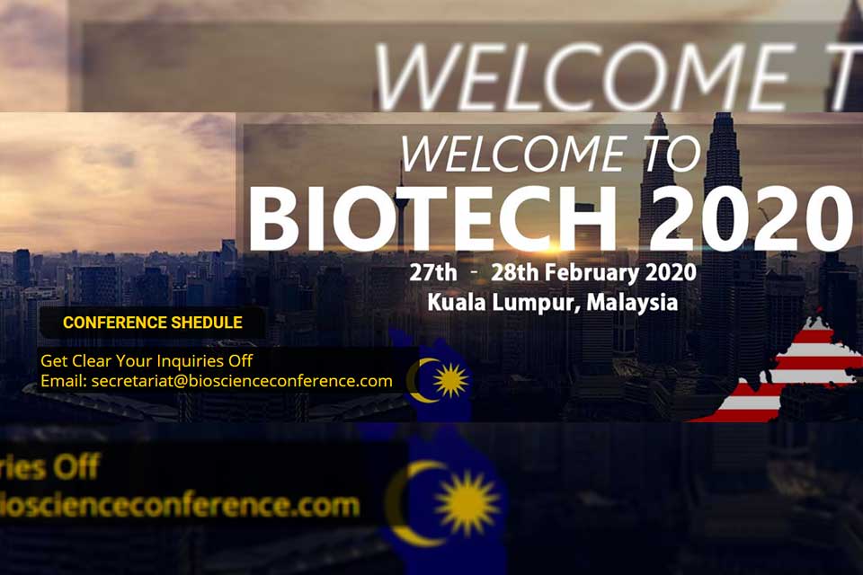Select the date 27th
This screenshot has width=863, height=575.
433,272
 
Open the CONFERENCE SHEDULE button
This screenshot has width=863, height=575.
152,323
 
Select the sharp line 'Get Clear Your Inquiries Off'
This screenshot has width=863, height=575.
147,361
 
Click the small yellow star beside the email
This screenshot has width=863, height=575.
450,380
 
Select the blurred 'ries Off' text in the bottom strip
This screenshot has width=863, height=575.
49,466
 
